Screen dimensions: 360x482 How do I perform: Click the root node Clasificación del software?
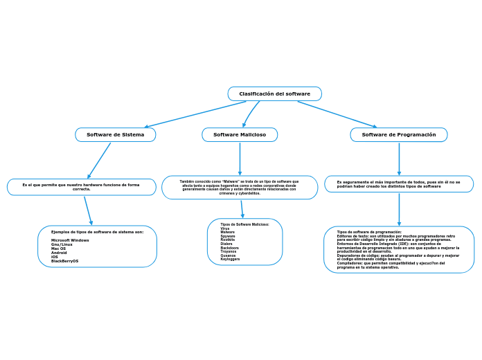pos(275,93)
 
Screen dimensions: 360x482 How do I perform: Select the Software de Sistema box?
pos(116,134)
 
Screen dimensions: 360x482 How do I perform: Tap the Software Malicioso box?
pos(240,134)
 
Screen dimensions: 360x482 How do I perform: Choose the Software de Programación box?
pos(399,134)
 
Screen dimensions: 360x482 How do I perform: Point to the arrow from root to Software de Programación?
pos(337,114)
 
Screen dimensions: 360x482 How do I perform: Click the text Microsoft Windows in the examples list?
pos(70,240)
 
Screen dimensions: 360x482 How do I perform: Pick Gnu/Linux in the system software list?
pos(62,244)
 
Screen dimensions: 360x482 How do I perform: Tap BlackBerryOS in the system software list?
pos(65,261)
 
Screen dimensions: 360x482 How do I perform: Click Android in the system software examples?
pos(59,253)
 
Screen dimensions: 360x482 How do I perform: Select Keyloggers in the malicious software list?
pos(230,259)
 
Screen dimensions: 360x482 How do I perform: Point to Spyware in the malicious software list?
pos(227,236)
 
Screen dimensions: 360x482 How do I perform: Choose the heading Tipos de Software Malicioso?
pos(244,224)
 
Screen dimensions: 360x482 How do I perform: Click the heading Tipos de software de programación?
pos(369,232)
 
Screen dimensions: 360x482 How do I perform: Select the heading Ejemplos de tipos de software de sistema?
pos(97,232)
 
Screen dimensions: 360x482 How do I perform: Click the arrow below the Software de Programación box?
pos(399,159)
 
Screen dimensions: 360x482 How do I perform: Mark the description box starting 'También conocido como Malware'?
pos(240,187)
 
